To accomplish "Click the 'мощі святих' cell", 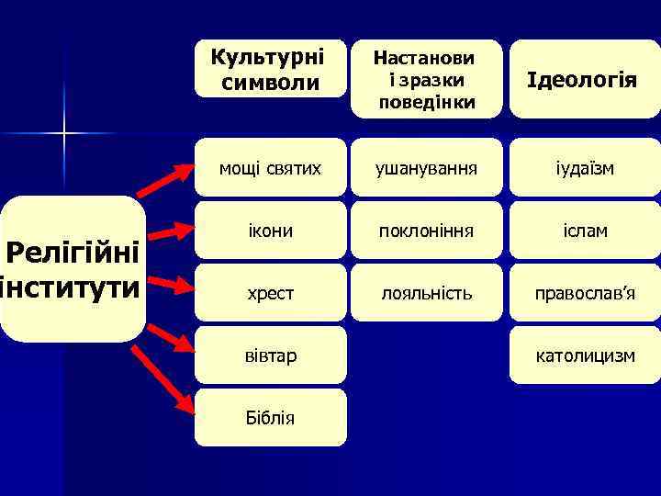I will click(x=270, y=168).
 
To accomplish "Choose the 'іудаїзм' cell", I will click(x=584, y=168).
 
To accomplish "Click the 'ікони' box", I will click(x=270, y=231).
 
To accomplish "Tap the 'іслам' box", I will click(x=584, y=231).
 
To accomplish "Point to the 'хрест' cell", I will click(x=270, y=293).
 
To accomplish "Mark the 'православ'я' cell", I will click(x=584, y=293).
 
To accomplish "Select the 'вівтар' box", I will click(x=270, y=355).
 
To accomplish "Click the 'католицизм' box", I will click(x=584, y=355).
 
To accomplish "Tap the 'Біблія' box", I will click(x=270, y=417).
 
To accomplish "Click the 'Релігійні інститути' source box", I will click(x=73, y=269).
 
